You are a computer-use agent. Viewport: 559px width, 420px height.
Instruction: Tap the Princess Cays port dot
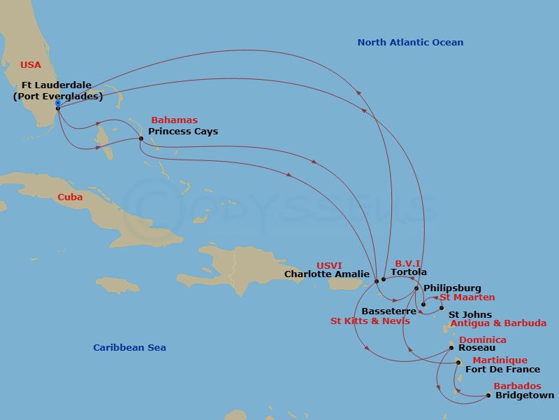141,138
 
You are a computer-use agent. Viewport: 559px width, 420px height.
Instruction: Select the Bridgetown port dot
488,395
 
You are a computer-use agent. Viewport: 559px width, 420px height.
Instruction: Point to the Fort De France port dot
458,363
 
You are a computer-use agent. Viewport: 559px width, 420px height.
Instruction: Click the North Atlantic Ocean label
410,43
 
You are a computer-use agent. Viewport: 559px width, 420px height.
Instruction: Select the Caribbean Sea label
129,348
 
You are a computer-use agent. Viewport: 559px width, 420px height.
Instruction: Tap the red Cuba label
70,197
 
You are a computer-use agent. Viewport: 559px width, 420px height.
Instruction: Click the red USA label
31,65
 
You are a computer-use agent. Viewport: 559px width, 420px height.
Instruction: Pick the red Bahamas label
174,120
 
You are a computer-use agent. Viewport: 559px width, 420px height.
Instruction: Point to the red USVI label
330,265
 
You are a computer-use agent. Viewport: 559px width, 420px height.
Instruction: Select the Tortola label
409,272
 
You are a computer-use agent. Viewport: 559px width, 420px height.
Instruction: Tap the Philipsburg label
452,288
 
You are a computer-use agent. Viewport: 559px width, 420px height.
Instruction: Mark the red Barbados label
517,386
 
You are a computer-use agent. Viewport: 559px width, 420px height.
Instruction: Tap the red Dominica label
482,340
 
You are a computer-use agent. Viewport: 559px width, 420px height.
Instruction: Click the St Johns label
470,315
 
